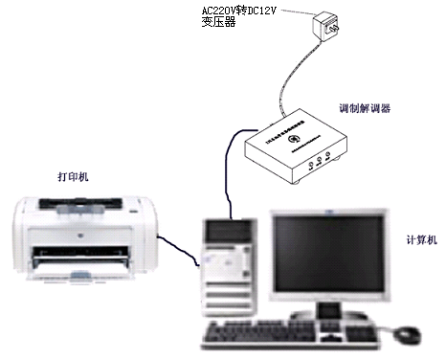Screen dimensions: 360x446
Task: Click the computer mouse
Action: pos(407,334)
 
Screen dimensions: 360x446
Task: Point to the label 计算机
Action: pos(422,238)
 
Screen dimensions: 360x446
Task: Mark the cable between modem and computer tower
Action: pos(227,172)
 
